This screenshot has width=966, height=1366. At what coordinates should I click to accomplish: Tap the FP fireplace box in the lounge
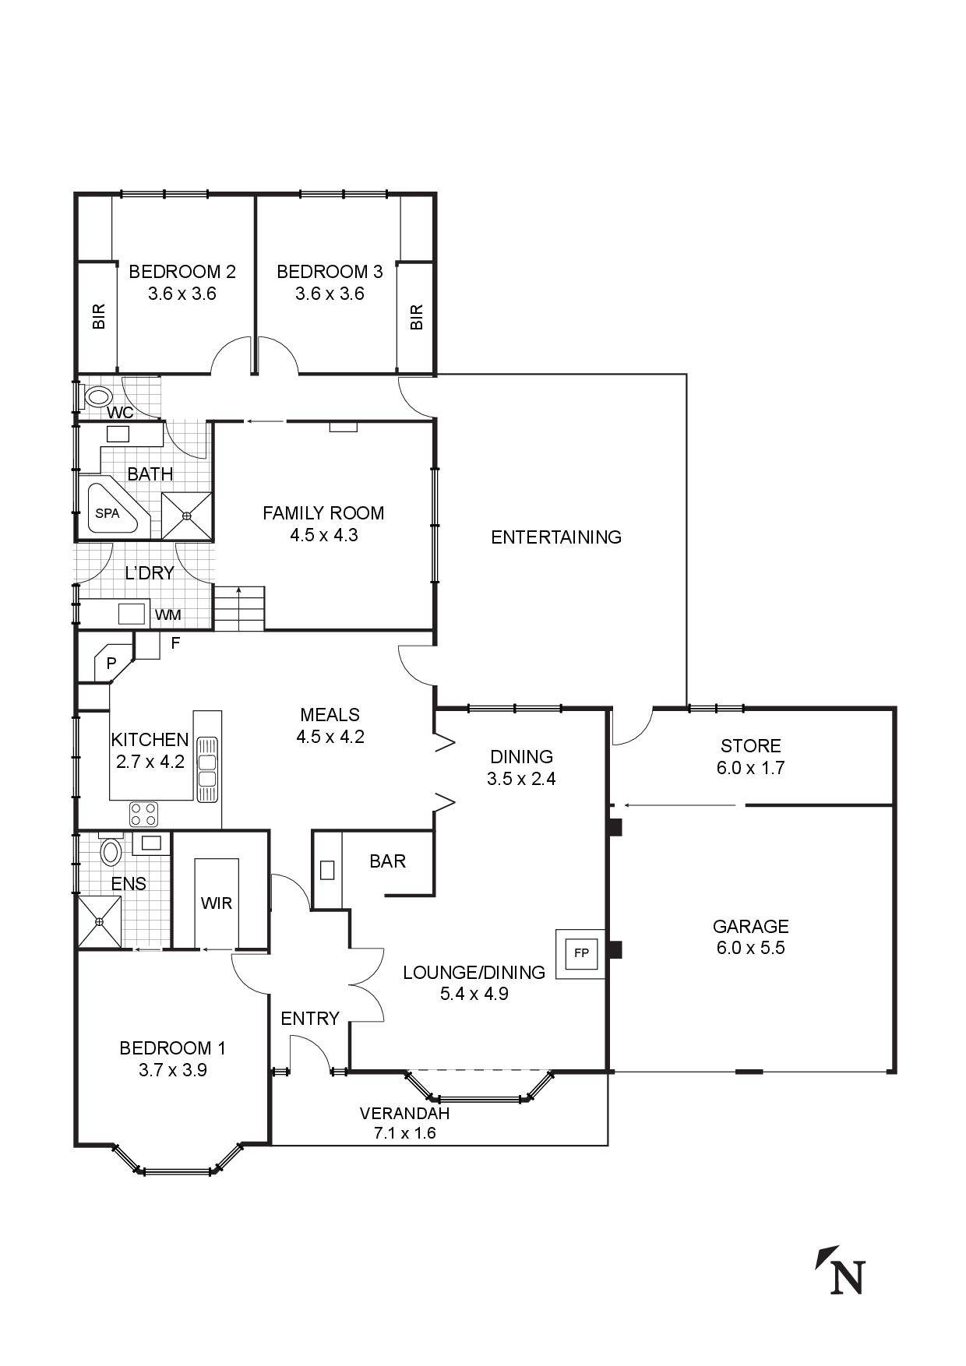coord(580,952)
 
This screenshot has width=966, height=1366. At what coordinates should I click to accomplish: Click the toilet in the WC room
coord(97,396)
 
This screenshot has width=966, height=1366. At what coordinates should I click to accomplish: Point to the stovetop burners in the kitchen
coord(143,815)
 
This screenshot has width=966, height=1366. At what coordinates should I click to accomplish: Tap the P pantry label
coord(111,664)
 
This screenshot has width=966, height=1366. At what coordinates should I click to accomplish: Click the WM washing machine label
coord(167,615)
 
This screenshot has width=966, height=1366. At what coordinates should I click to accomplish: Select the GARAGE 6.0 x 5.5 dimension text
coord(750,948)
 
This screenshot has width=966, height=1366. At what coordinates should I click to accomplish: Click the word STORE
coord(750,745)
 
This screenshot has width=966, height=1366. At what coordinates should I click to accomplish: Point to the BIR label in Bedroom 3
coord(416,317)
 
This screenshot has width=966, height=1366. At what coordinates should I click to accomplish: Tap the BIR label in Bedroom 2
coord(99,317)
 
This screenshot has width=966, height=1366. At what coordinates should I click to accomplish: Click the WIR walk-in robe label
coord(216,903)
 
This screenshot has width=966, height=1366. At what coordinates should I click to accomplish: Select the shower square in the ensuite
coord(100,922)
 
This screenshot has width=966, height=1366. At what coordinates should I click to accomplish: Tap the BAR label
coord(387,861)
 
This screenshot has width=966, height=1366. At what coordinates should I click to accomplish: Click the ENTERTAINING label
coord(556,537)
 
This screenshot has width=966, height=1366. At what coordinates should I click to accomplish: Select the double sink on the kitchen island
coord(207,769)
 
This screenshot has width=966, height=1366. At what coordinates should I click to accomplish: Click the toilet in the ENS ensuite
coord(111,851)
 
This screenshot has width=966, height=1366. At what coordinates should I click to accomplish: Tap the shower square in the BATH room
coord(187,515)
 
